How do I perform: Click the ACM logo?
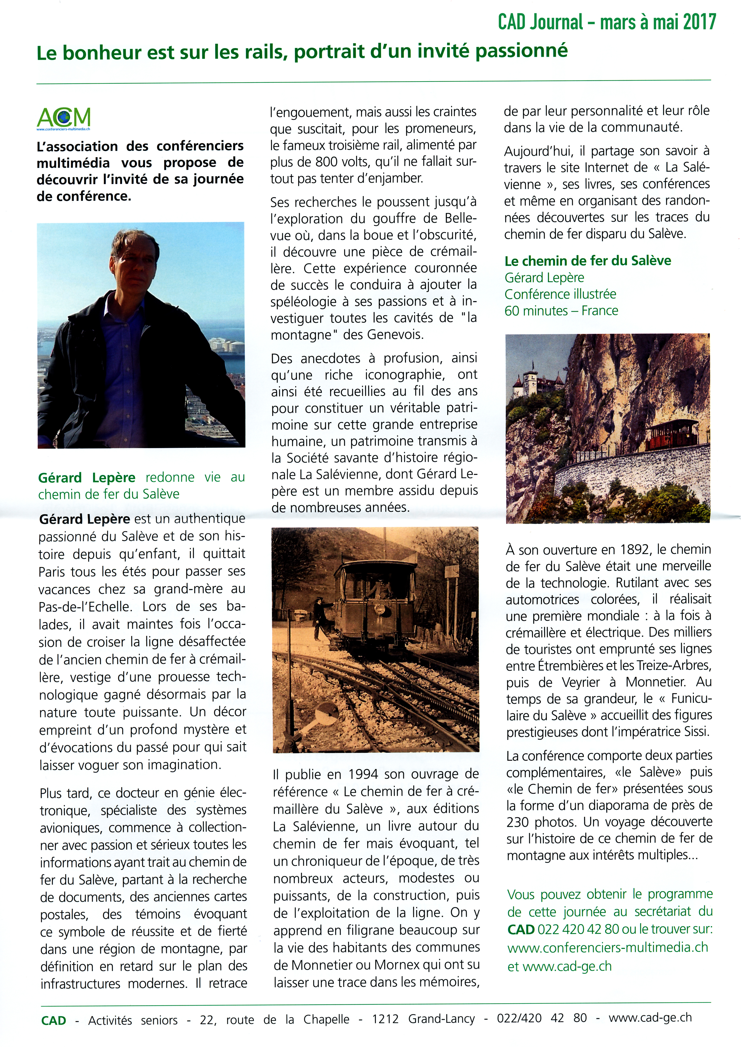[63, 118]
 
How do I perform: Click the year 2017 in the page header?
[699, 21]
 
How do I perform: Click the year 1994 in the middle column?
[363, 774]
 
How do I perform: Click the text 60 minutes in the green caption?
[533, 311]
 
